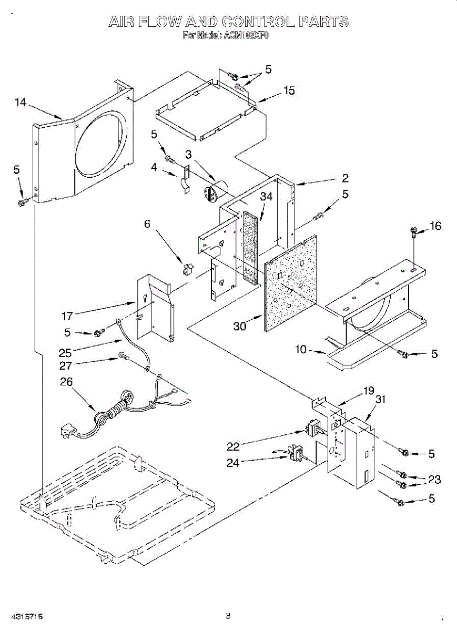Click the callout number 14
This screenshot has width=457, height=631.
[21, 103]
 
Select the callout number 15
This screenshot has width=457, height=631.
[289, 90]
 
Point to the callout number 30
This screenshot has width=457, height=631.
[240, 326]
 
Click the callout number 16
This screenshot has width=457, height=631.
[435, 226]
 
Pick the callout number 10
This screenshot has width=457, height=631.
[301, 349]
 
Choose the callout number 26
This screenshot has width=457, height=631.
[66, 382]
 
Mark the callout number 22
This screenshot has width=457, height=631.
[233, 446]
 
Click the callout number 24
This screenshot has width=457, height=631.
[233, 463]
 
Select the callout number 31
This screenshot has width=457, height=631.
[381, 399]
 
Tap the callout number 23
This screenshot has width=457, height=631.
[434, 480]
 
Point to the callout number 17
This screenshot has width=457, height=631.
[67, 316]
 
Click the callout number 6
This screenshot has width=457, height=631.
[147, 224]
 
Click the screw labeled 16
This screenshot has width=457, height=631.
[414, 231]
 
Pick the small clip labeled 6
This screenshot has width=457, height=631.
[187, 269]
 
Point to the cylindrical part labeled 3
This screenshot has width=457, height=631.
[214, 190]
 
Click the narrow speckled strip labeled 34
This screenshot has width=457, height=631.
[251, 247]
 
